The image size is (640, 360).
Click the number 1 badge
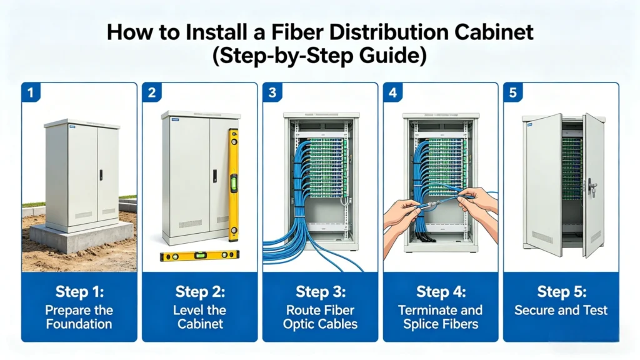point(30,92)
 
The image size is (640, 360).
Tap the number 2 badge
point(151,92)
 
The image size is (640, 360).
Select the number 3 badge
point(272,92)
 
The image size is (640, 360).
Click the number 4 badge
point(392,92)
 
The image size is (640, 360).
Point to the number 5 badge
point(512,92)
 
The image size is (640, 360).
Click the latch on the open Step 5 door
point(591,187)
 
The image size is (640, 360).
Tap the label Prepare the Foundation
point(79,317)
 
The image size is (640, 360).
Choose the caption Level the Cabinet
point(199,317)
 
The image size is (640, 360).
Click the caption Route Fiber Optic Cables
point(320,317)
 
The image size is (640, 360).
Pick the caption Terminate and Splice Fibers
point(440,317)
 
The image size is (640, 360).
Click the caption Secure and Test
point(561,310)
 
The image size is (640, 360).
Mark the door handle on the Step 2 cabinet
point(214,176)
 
